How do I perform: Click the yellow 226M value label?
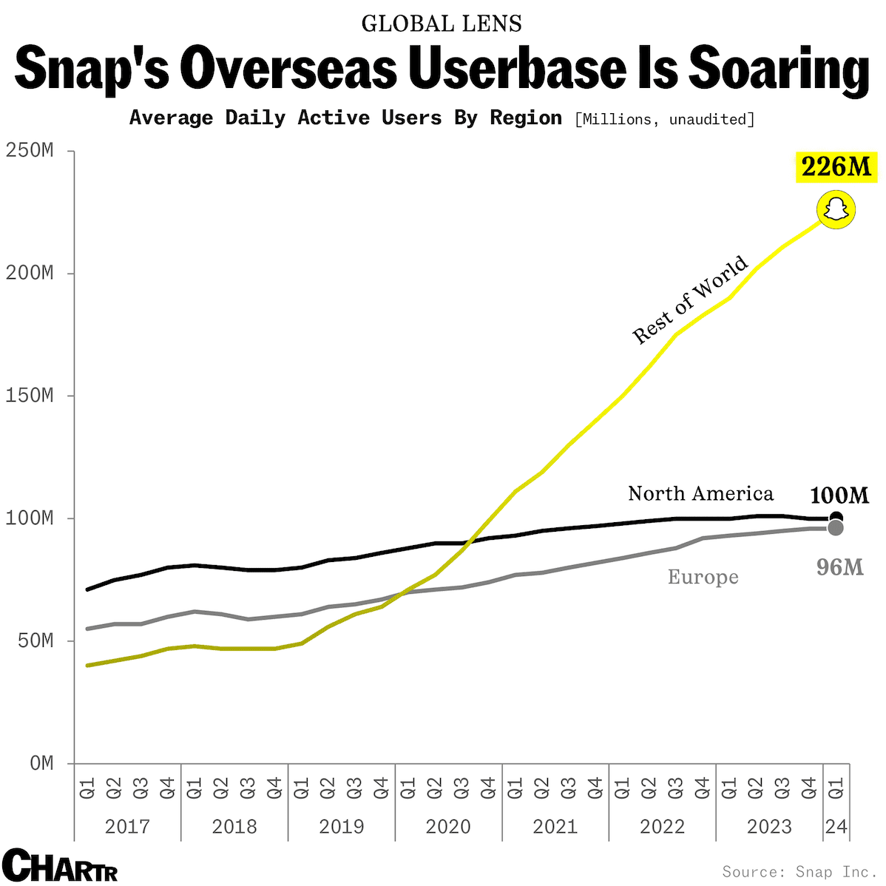[x=836, y=167]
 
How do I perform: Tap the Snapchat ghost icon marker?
[x=836, y=210]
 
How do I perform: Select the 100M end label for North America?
[x=839, y=496]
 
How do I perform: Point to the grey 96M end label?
[x=839, y=567]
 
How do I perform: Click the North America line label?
[x=700, y=493]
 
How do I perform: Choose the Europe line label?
[x=703, y=577]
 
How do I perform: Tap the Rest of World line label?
[x=690, y=300]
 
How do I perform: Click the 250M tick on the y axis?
[x=30, y=151]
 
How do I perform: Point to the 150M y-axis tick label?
[x=30, y=396]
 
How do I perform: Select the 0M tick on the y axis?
[x=41, y=763]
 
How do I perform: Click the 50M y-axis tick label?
[x=34, y=640]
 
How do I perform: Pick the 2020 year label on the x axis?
[x=448, y=826]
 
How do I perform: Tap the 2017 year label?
[x=127, y=826]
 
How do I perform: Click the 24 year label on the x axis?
[x=836, y=826]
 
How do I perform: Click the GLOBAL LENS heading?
[x=442, y=24]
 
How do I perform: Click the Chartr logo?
[x=60, y=865]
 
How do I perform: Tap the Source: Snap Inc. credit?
[x=799, y=872]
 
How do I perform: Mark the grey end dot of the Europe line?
[x=836, y=528]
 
